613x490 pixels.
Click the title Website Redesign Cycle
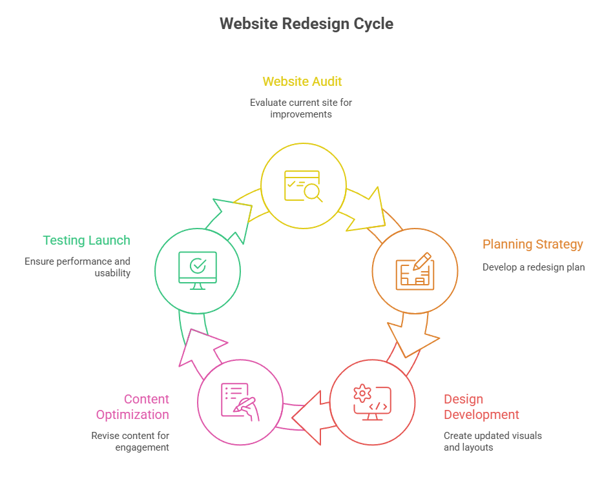point(306,24)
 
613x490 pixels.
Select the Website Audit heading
point(302,81)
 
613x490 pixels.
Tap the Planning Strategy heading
point(532,244)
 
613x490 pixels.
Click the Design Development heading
point(481,407)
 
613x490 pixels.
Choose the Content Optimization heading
point(132,407)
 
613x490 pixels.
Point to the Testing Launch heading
point(87,240)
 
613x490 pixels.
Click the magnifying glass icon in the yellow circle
point(303,186)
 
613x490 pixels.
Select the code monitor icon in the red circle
point(371,402)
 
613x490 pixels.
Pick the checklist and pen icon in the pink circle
point(240,402)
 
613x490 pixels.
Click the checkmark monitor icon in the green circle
point(198,270)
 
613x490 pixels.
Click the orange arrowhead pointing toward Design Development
point(411,337)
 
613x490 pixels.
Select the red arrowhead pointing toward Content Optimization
point(308,417)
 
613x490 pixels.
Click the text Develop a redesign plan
point(534,267)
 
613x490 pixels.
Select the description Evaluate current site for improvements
point(301,108)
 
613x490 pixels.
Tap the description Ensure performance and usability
point(78,267)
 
